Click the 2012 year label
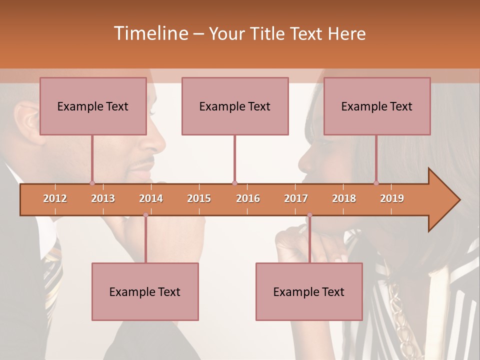[55, 198]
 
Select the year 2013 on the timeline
[103, 198]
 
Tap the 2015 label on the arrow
[199, 198]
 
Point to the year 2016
[248, 198]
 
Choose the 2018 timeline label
[344, 198]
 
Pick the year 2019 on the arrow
[392, 198]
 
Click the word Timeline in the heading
[149, 33]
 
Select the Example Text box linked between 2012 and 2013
[93, 106]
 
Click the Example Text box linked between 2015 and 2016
[235, 106]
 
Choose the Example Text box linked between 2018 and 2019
[377, 106]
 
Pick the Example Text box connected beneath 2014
[145, 291]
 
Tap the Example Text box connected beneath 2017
[309, 291]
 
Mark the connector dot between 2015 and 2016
[235, 183]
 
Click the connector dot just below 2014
[145, 215]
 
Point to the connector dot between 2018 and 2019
[376, 183]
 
